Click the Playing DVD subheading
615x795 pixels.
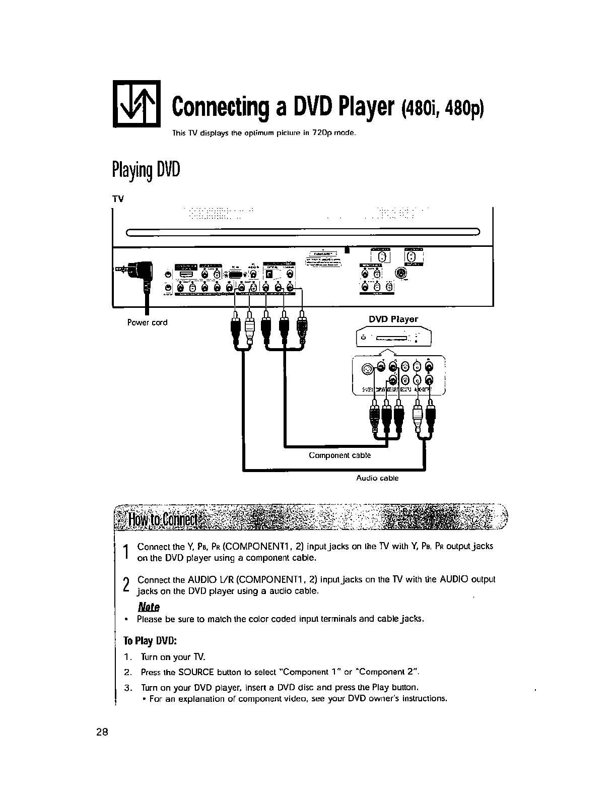click(x=145, y=171)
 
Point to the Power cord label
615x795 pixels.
click(x=147, y=322)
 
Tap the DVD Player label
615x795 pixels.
click(x=393, y=319)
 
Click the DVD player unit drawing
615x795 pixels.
click(x=394, y=338)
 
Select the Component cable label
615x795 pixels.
click(x=339, y=455)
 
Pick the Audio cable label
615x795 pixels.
click(x=377, y=478)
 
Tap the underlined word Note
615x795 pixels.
click(x=149, y=607)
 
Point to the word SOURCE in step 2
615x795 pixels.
click(x=201, y=673)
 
